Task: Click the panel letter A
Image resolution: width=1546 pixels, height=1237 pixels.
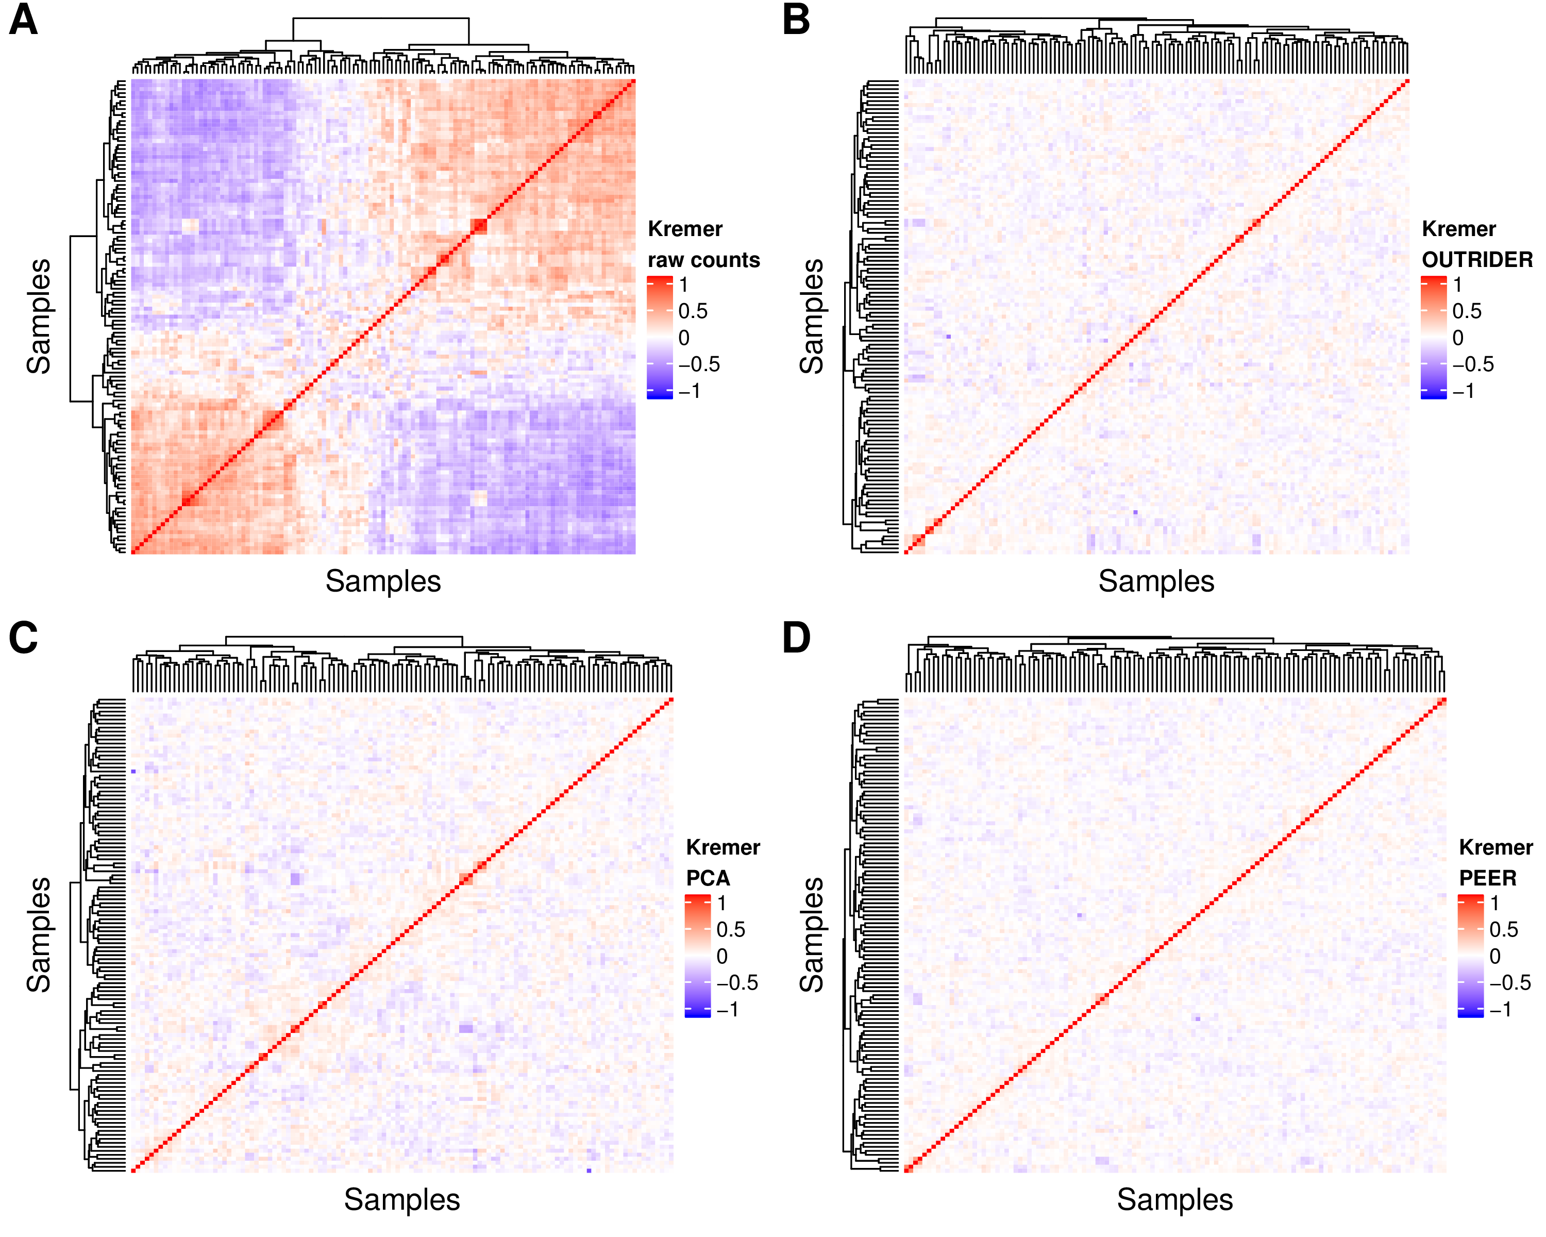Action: click(x=23, y=20)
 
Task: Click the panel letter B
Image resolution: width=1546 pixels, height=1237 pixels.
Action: click(x=796, y=20)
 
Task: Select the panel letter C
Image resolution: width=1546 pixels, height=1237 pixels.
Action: click(x=23, y=638)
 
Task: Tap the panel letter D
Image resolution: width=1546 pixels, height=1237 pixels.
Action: click(x=797, y=638)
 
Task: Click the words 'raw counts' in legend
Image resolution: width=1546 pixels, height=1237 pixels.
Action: click(x=703, y=260)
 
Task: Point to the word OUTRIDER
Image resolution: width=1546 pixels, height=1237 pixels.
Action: click(x=1477, y=260)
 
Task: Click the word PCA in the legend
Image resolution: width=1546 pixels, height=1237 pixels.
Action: click(x=708, y=878)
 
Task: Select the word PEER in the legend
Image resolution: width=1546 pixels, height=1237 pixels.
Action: click(x=1488, y=878)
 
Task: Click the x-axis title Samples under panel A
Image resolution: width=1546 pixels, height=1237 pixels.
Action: click(x=383, y=581)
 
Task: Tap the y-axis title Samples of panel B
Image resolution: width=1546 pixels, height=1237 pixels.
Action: click(x=812, y=316)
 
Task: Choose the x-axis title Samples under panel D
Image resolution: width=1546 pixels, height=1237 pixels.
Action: click(x=1174, y=1199)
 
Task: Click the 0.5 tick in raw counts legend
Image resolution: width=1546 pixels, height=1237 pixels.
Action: click(x=693, y=311)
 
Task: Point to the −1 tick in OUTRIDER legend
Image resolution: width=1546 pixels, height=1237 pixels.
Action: click(x=1464, y=391)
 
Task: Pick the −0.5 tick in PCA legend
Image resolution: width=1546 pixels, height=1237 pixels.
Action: click(x=737, y=982)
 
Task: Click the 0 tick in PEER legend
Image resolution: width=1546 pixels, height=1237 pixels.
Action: click(x=1494, y=956)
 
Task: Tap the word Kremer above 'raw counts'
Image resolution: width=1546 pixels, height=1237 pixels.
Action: click(x=685, y=229)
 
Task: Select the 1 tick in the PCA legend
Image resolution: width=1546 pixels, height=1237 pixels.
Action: click(x=721, y=903)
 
